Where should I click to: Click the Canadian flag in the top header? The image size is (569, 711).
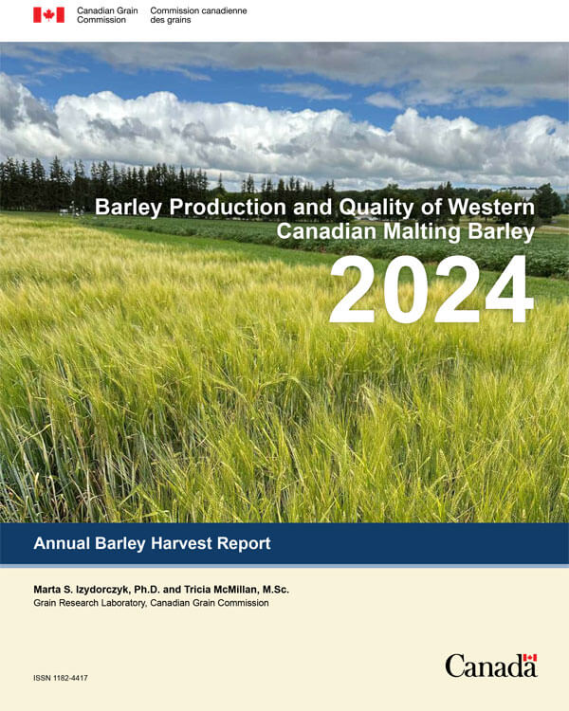pos(48,14)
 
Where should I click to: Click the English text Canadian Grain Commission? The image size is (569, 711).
pos(107,14)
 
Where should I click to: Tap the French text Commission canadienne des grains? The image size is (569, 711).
pos(198,14)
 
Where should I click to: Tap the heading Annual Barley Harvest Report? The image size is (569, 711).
pos(152,543)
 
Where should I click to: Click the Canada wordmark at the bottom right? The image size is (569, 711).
pos(489,666)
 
